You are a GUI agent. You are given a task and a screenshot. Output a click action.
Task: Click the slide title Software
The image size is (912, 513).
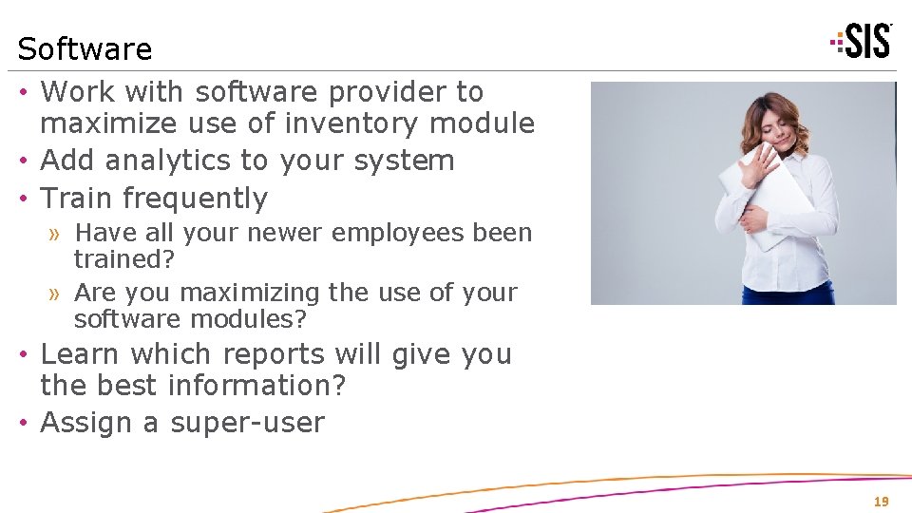tap(85, 48)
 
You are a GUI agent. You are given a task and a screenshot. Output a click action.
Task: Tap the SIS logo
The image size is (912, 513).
tap(862, 41)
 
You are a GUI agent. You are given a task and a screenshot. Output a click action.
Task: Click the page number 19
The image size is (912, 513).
tap(882, 502)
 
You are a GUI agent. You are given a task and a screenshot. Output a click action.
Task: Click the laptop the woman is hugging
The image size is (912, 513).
tap(760, 195)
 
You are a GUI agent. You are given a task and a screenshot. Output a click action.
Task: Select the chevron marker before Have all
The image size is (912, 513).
tap(56, 234)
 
